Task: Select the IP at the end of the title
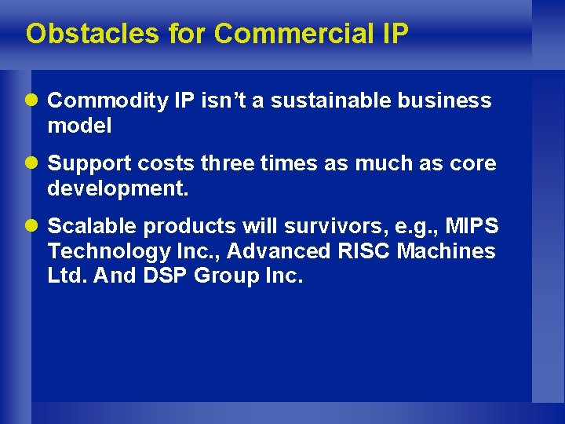coord(395,34)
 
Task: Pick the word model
coord(79,125)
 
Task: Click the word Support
coord(89,164)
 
